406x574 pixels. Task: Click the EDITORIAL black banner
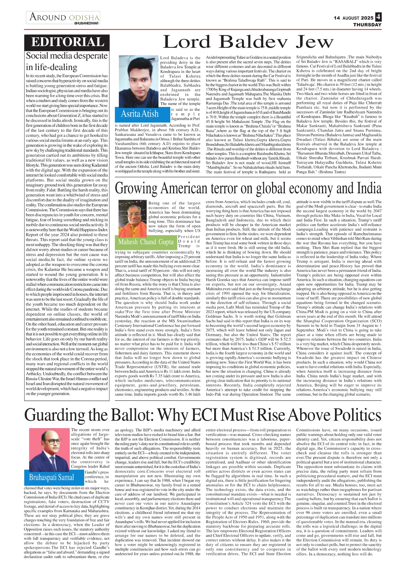click(67, 42)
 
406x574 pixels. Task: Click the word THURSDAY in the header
click(367, 25)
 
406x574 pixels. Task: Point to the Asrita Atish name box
click(139, 114)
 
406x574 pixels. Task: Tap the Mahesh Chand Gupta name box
click(146, 242)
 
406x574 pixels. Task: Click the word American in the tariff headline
click(188, 189)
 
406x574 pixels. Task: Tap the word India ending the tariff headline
click(368, 189)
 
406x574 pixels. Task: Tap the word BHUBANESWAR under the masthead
click(86, 24)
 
